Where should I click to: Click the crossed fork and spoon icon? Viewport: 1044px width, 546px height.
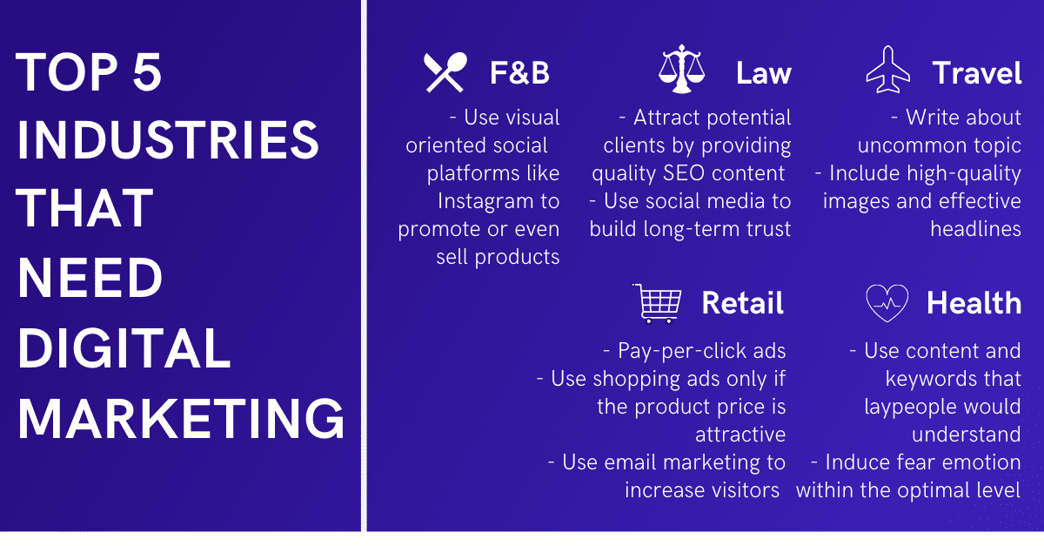point(445,72)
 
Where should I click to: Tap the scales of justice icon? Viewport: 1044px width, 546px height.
point(681,69)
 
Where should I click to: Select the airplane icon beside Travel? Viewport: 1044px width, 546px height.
point(888,70)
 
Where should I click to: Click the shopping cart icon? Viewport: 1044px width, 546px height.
point(657,303)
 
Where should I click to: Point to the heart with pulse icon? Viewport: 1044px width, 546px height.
point(887,303)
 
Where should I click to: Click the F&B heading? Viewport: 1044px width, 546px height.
point(519,73)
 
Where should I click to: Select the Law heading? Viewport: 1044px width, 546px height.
point(764,73)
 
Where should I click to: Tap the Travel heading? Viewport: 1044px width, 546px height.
point(977,73)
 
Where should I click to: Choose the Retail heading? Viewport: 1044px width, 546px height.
point(742,303)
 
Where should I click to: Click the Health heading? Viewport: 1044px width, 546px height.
point(974,303)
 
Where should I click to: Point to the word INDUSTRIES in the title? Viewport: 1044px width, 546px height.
point(168,139)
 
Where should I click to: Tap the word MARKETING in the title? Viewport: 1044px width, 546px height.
point(181,419)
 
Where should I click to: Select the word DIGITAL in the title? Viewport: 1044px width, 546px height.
point(124,348)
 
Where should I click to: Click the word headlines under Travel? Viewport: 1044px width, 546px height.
point(975,229)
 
